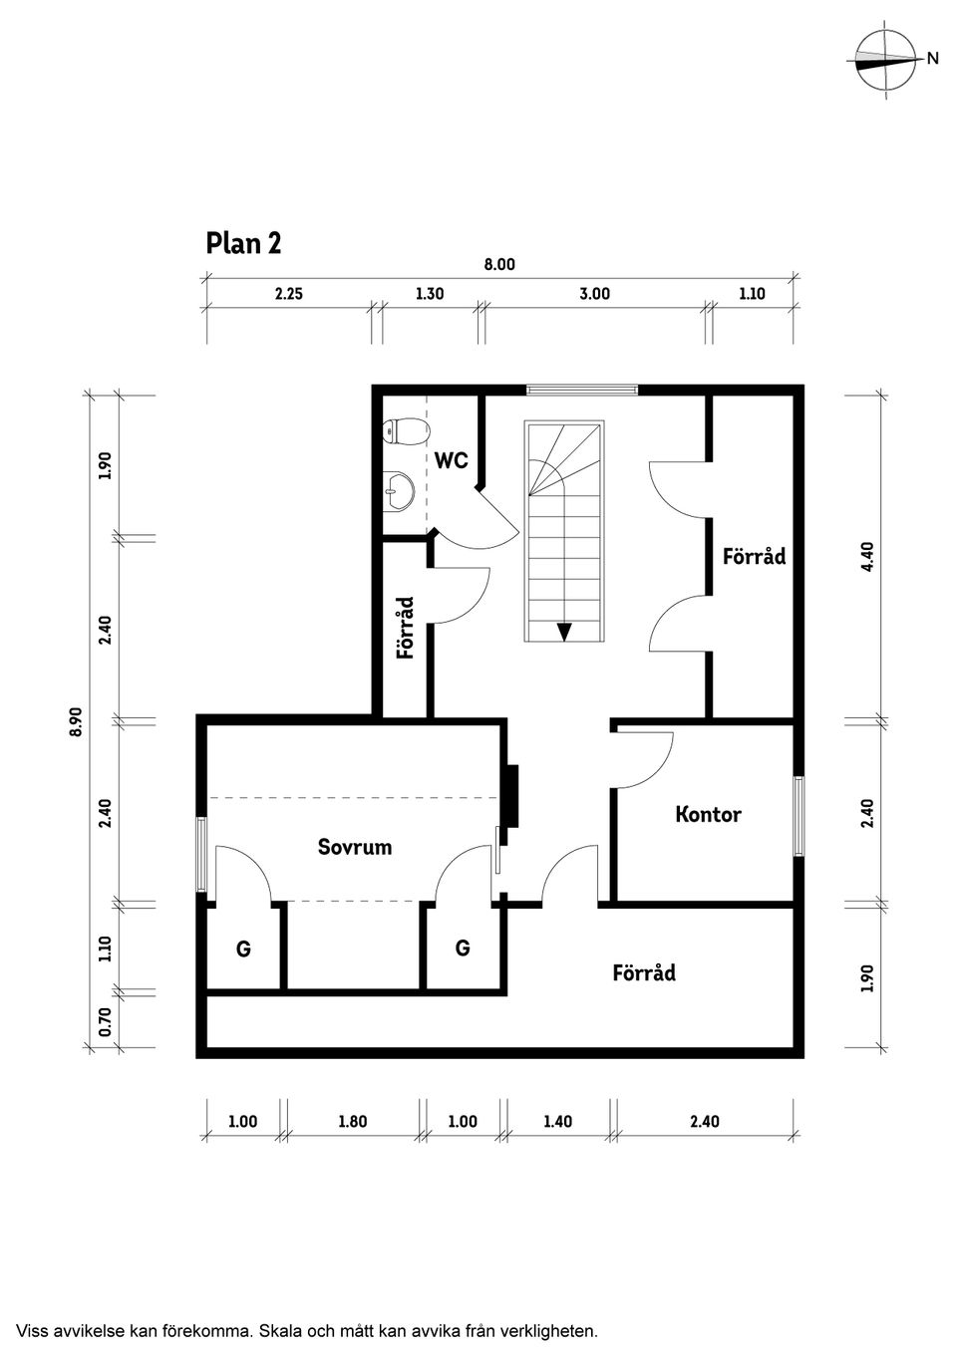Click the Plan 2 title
click(x=243, y=243)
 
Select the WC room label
click(x=451, y=460)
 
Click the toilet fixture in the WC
click(x=406, y=431)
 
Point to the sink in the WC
click(x=400, y=488)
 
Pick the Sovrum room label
click(x=354, y=847)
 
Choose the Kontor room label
click(x=708, y=814)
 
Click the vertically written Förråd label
click(x=405, y=628)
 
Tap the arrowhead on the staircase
click(x=564, y=631)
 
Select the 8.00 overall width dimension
click(x=499, y=265)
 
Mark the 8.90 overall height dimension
click(x=77, y=721)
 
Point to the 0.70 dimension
click(x=106, y=1021)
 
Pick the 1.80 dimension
click(x=352, y=1121)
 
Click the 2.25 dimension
click(x=288, y=294)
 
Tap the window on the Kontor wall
click(x=797, y=815)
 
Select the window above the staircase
click(x=582, y=390)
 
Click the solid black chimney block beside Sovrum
click(x=511, y=795)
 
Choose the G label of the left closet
click(x=243, y=949)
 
